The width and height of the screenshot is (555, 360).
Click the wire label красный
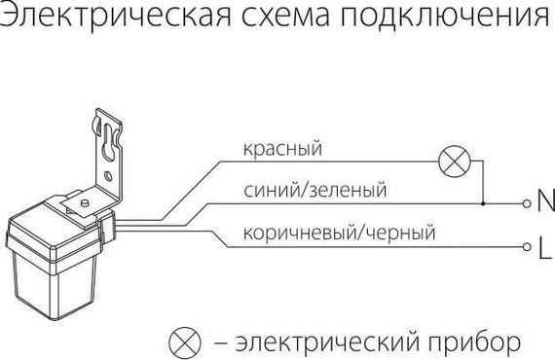(282, 149)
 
